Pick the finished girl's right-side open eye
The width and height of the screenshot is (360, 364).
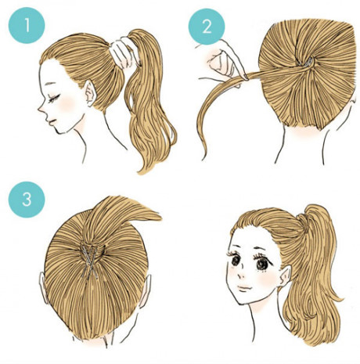point(264,263)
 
